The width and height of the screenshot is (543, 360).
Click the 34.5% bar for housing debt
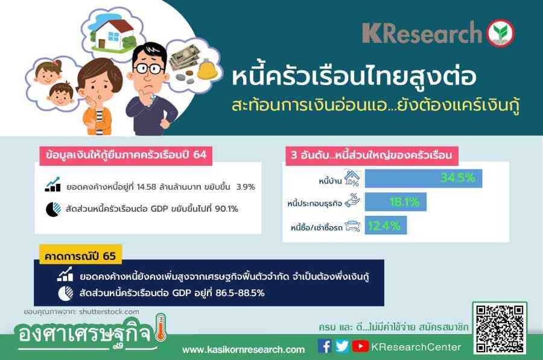point(424,178)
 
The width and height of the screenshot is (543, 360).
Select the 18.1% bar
point(396,202)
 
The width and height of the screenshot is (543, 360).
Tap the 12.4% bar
point(386,226)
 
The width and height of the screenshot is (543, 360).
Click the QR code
point(500,329)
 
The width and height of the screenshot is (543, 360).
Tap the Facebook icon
point(325,346)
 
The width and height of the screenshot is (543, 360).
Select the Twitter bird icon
point(342,346)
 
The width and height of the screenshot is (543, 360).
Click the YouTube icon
point(361,346)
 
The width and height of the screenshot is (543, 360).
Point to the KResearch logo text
point(422,33)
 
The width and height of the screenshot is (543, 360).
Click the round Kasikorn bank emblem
point(500,33)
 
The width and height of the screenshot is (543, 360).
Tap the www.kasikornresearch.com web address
point(244,350)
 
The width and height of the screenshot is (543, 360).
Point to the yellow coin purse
point(207,69)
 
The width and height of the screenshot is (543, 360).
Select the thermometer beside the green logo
point(160,328)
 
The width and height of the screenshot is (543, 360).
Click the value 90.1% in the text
point(226,209)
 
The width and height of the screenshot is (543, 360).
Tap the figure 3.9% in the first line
point(246,186)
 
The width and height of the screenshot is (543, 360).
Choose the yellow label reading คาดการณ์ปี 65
point(80,255)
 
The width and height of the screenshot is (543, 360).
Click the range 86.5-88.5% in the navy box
point(240,293)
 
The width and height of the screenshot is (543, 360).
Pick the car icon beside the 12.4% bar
point(352,226)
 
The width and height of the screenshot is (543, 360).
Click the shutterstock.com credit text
point(109,312)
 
